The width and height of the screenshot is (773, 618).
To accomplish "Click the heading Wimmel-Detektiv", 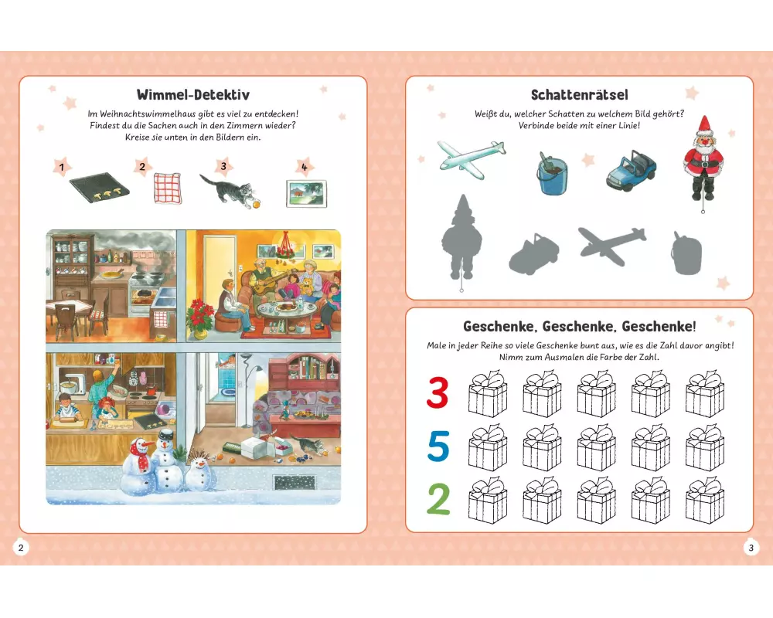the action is click(x=192, y=94).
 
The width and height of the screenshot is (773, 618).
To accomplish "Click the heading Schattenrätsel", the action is click(x=579, y=94).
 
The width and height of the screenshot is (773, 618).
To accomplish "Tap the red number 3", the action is click(x=438, y=392).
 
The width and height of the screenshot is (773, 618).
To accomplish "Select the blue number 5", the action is click(x=438, y=446).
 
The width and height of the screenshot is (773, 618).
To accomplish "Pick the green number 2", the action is click(x=438, y=499).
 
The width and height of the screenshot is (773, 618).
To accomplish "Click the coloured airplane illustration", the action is click(x=472, y=158).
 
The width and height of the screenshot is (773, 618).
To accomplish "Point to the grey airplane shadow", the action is click(x=612, y=246).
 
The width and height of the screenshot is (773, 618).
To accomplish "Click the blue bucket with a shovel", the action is click(x=552, y=173).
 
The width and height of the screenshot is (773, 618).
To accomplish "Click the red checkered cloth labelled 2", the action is click(x=168, y=188).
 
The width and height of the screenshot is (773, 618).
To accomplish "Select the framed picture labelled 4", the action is click(x=307, y=194).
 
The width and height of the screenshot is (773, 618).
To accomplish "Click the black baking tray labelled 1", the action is click(x=100, y=187).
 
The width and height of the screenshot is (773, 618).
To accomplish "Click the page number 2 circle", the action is click(x=21, y=547).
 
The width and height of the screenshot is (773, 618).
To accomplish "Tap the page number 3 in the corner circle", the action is click(x=751, y=547).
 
